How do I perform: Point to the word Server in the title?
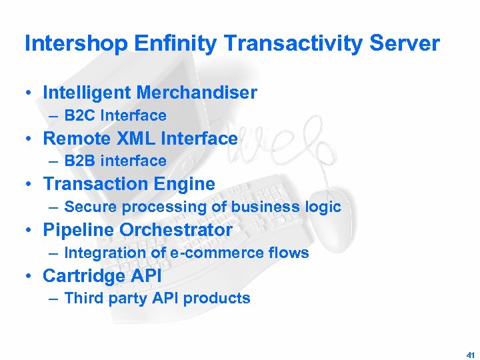pos(407,44)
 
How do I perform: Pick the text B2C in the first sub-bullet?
pos(80,115)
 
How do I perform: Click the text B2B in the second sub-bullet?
pos(80,161)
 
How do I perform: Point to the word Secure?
pos(90,207)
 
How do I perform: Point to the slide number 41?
pos(470,353)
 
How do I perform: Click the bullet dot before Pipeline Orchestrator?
pos(31,231)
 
